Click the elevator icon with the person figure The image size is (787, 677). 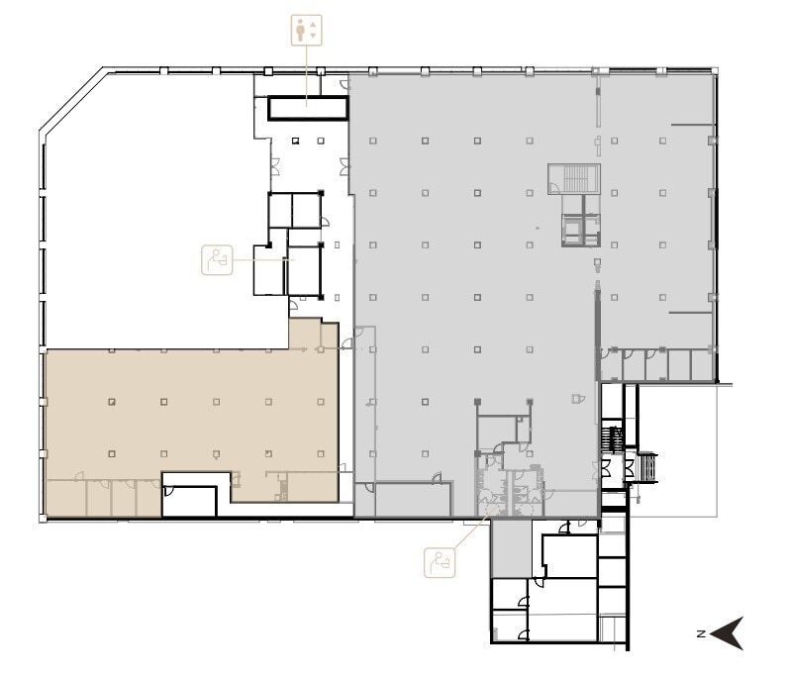coord(307,30)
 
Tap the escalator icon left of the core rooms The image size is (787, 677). coord(216,259)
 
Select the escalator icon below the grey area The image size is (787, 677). coord(440,561)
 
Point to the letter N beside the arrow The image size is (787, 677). coord(699,632)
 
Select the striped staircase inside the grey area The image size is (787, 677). coord(575,178)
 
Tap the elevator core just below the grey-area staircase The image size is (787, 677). coord(580,227)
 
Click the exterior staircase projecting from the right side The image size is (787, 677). coord(645,467)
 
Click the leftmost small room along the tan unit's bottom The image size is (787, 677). coord(65,498)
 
